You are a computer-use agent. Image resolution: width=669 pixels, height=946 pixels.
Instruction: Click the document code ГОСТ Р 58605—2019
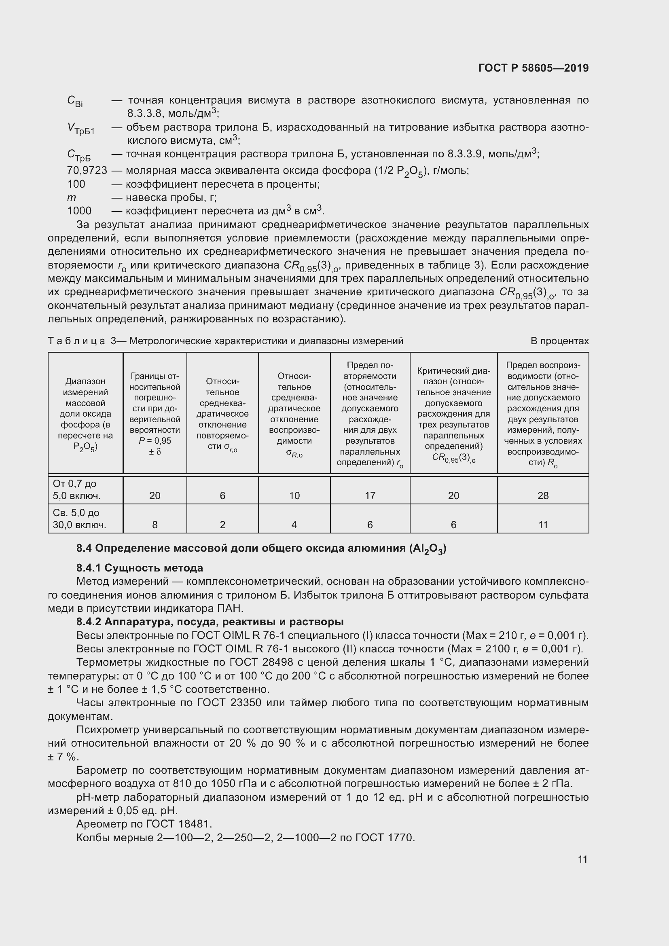pos(533,68)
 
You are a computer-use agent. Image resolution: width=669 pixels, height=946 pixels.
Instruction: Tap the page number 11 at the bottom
pos(582,859)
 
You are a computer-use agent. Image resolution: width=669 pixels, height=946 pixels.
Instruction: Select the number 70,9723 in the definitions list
pos(87,170)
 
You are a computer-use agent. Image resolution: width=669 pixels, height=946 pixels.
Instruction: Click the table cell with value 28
pos(542,495)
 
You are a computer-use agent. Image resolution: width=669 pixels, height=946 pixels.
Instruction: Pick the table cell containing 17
pos(370,495)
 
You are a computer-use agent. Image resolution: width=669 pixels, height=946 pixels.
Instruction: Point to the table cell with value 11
pos(542,525)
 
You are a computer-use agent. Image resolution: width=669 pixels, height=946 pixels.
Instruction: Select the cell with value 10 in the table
pos(294,495)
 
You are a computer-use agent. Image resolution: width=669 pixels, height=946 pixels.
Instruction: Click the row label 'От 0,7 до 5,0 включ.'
pos(76,489)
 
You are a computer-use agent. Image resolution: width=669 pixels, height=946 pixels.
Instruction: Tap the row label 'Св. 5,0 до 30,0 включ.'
pos(79,519)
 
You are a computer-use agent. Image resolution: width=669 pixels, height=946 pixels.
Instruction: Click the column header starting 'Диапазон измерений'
pos(85,414)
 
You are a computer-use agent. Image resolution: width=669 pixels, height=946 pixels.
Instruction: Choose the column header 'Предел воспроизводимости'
pos(542,414)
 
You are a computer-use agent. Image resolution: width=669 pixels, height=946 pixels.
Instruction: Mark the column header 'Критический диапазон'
pos(453,414)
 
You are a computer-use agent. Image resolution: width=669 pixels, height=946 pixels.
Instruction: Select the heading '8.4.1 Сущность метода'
pos(139,568)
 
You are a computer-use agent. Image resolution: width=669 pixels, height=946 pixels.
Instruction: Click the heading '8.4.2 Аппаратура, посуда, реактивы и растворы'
pos(210,622)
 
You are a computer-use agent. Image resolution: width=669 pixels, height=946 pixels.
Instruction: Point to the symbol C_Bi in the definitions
pos(74,101)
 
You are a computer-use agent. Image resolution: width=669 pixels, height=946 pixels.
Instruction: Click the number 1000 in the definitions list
pos(79,211)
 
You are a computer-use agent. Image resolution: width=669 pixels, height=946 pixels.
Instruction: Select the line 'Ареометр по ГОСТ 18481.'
pos(144,823)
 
